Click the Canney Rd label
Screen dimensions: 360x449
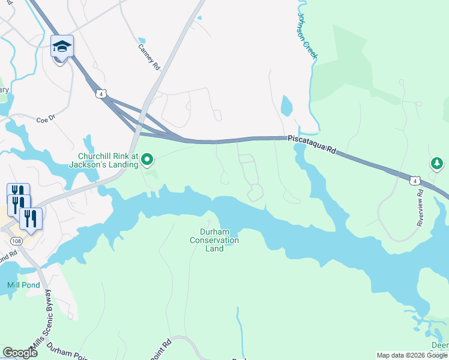click(149, 57)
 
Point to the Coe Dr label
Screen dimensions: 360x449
click(46, 118)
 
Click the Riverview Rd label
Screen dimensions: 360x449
click(420, 208)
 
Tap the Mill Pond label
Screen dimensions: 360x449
click(24, 285)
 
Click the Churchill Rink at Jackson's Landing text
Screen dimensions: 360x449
click(104, 159)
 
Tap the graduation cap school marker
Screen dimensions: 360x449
click(62, 47)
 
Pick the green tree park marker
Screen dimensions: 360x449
click(437, 163)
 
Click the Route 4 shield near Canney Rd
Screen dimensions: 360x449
click(102, 94)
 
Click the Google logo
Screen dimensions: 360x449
click(20, 352)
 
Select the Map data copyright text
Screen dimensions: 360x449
click(412, 355)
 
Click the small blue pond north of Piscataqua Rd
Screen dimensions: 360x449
click(286, 107)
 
